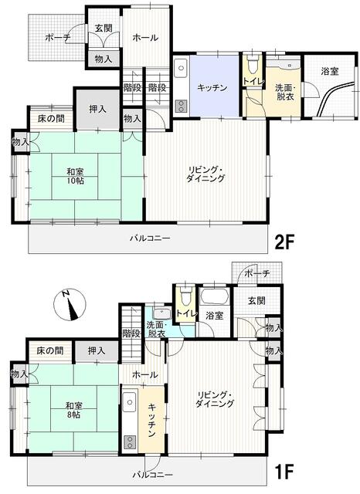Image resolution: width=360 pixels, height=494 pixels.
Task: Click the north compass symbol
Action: (x=71, y=304)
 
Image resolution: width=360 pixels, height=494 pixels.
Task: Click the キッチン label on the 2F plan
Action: (x=212, y=87)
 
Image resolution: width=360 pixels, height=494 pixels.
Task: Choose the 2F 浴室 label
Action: (x=330, y=72)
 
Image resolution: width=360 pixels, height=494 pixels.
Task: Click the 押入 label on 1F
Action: (x=97, y=350)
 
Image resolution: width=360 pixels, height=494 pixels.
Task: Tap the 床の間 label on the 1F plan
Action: (x=50, y=350)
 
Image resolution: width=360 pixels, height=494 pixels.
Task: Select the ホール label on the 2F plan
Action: (x=145, y=37)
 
